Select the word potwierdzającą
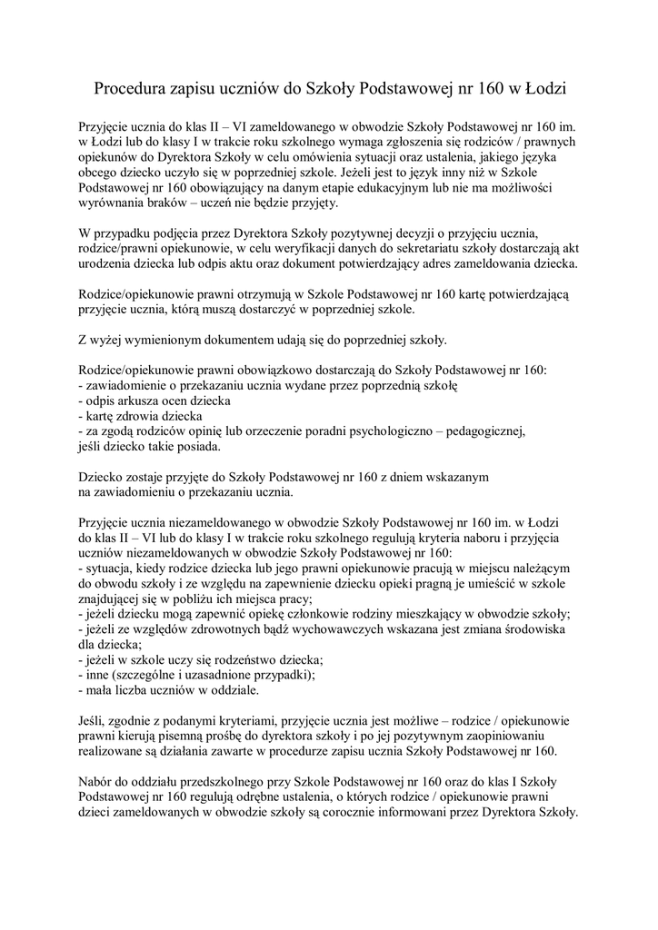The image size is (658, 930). click(527, 294)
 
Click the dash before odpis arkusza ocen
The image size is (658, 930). click(82, 401)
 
